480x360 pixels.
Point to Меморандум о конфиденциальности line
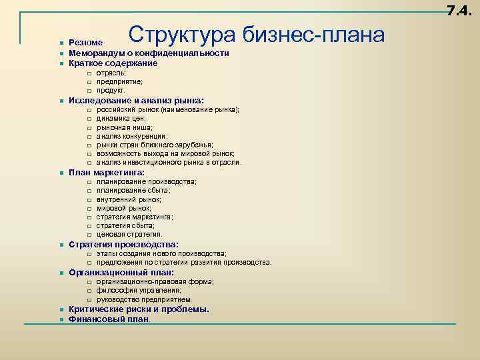149,53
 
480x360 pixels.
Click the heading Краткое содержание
113,63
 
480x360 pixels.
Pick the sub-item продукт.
111,90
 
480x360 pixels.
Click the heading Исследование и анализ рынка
137,101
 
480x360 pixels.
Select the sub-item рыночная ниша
125,127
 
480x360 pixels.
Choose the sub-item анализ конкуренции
132,136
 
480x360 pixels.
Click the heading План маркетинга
107,173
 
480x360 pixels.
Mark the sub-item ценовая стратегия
129,234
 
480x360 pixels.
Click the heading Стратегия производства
123,245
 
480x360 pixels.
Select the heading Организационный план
121,273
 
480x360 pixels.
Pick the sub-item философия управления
139,291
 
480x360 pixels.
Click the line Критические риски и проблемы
139,309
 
